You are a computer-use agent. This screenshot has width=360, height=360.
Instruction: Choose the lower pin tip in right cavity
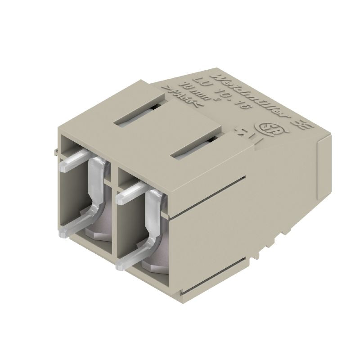pos(121,266)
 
